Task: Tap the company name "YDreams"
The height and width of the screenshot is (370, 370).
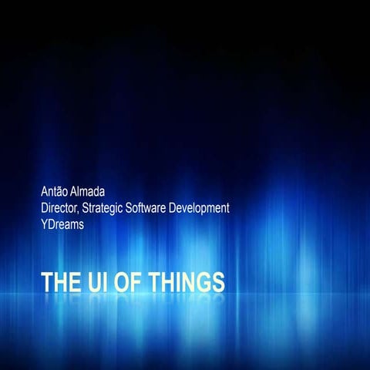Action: [x=62, y=227]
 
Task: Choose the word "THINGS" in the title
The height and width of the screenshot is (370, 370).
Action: [x=187, y=281]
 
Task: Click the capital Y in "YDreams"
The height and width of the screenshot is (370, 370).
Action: [x=45, y=227]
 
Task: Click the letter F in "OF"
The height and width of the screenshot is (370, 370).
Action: [x=136, y=281]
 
